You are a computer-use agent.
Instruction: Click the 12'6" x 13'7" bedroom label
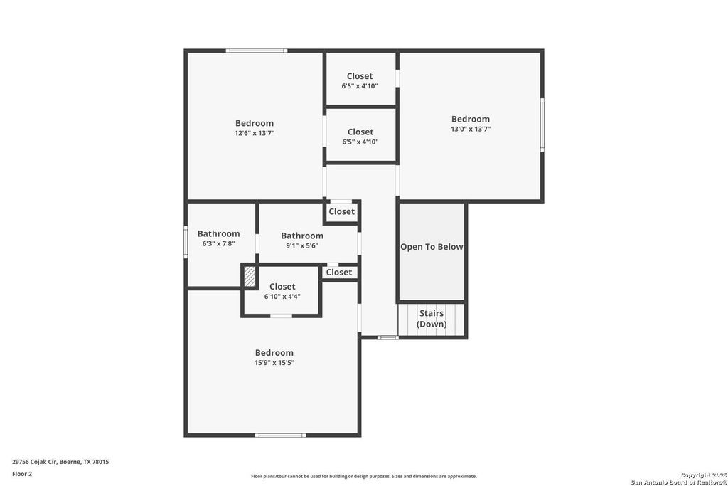255,128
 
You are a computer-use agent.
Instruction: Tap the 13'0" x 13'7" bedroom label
471,124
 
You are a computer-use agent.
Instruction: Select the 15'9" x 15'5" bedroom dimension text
274,363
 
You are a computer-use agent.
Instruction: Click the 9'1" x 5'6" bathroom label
301,241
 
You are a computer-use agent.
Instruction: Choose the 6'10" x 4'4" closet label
282,291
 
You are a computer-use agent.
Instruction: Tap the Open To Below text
432,247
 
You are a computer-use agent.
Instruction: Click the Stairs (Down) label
432,318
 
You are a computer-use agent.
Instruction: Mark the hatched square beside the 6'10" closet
250,276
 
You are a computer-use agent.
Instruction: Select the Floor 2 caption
22,474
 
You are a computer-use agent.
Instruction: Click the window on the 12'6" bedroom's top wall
256,51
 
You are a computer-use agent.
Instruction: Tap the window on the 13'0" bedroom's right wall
542,125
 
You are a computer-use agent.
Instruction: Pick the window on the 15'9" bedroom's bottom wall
280,435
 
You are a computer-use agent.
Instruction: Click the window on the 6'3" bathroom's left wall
186,242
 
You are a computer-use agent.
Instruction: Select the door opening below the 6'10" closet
281,316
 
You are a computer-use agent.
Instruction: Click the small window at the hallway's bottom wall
387,337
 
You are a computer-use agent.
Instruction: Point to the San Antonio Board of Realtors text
679,482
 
